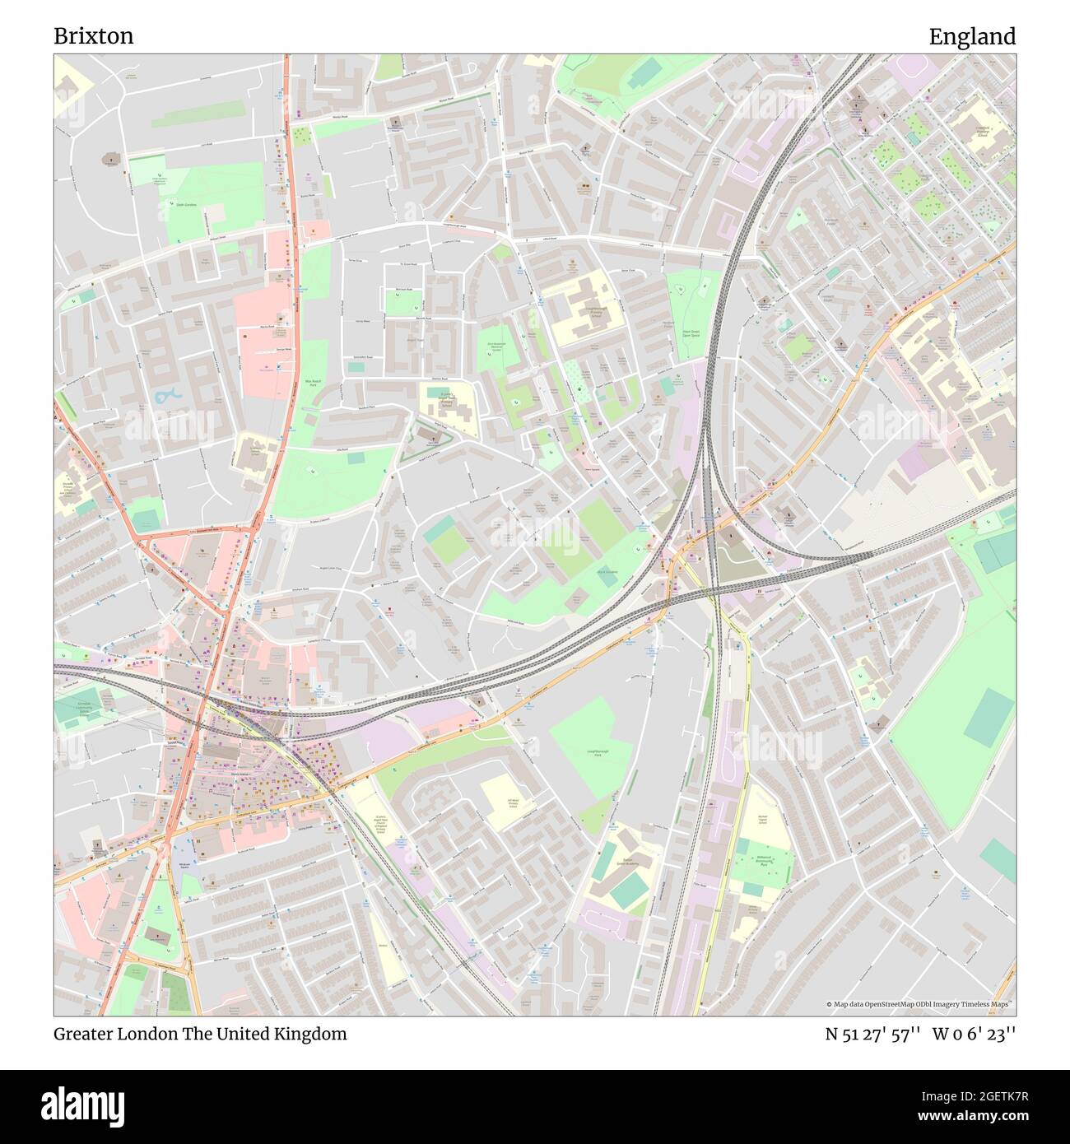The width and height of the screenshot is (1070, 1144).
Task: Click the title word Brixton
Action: [94, 36]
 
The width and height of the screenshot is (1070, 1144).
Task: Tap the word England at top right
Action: [972, 36]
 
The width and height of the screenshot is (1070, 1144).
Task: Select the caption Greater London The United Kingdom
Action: [200, 1034]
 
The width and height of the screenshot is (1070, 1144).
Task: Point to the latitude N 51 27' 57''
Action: [872, 1034]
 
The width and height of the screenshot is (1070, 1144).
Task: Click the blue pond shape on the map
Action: [167, 397]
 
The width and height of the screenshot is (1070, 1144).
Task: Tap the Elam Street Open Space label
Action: [684, 333]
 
